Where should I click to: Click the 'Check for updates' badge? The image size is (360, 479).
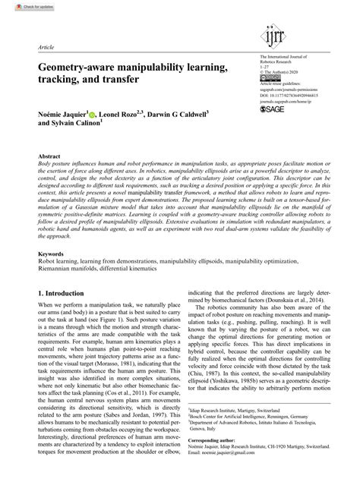[21, 5]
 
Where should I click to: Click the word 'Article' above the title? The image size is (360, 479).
[46, 46]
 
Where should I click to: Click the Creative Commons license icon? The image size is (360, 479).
[267, 77]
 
